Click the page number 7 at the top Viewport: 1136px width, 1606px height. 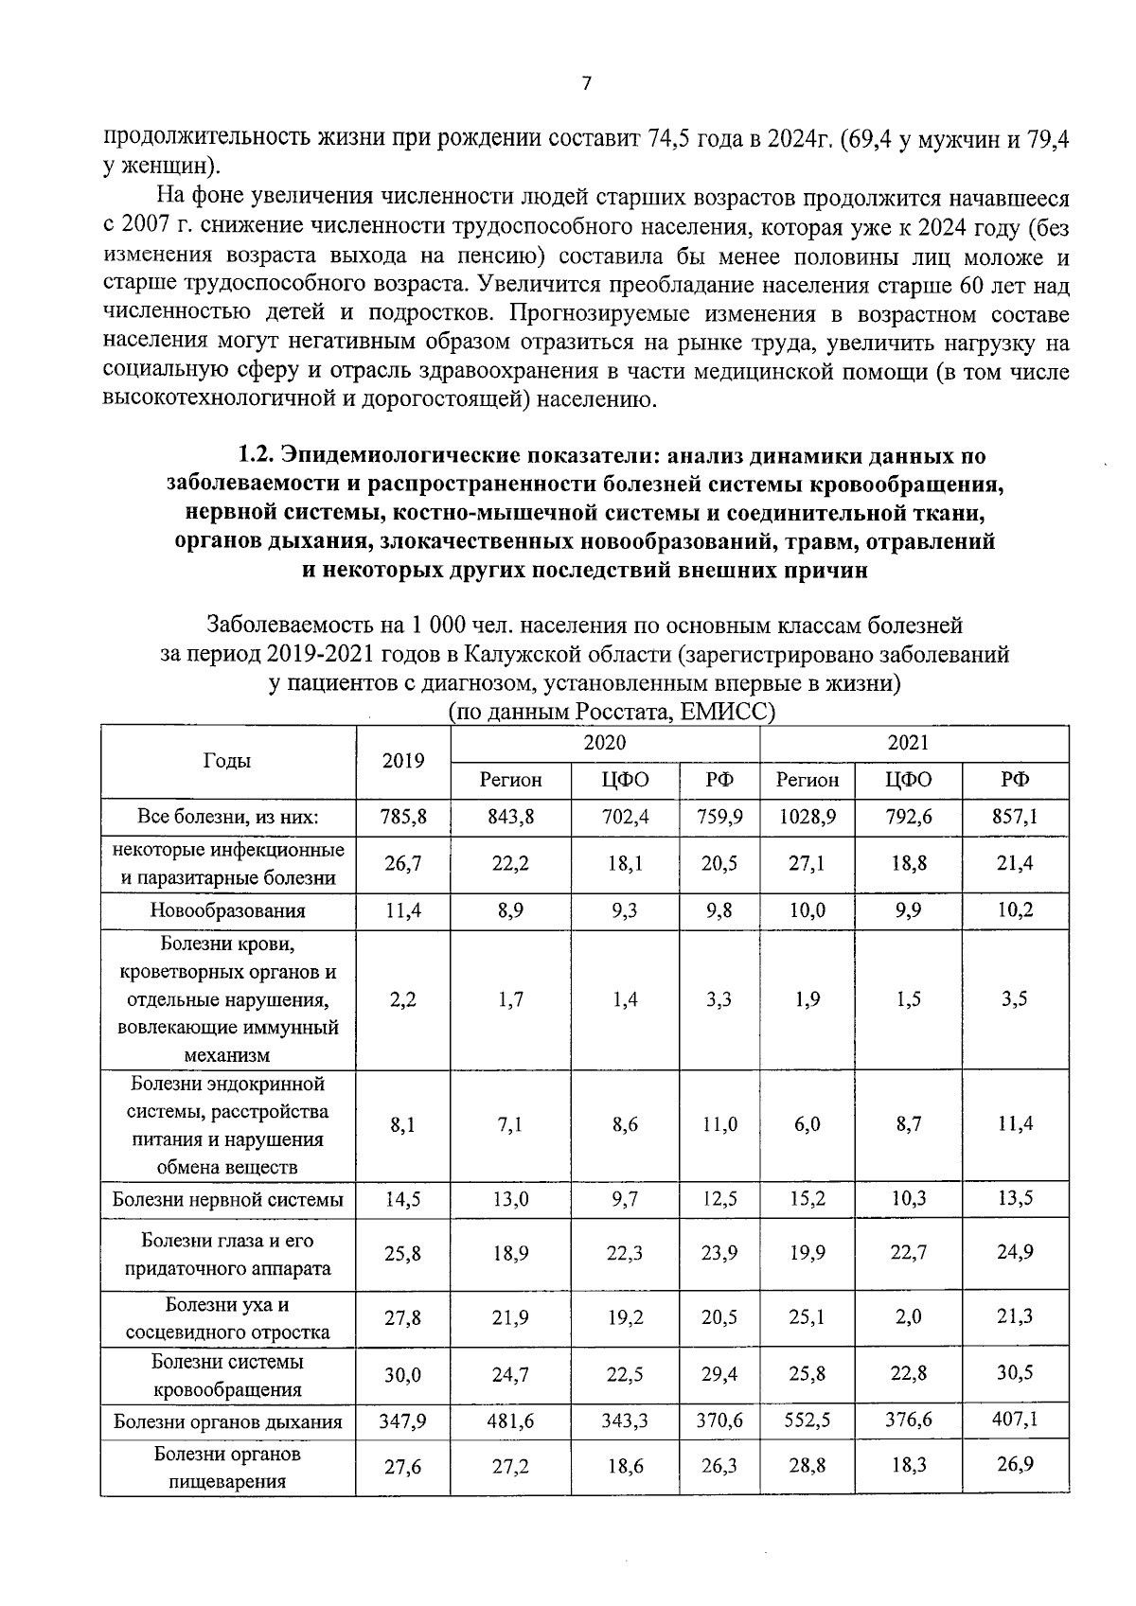point(586,84)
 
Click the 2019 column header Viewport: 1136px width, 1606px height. point(402,762)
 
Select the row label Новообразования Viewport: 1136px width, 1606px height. point(228,911)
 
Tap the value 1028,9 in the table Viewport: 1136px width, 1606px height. point(807,816)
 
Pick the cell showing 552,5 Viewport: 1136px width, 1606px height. point(807,1421)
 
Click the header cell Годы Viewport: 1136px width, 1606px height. point(227,761)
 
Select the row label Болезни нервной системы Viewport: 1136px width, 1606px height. point(228,1200)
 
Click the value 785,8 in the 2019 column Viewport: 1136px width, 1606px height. point(402,816)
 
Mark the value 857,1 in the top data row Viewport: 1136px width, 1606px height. point(1015,816)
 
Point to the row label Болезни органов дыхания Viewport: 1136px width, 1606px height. point(228,1421)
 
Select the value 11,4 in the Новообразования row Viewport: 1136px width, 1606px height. point(402,911)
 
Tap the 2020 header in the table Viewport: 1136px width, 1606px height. point(604,744)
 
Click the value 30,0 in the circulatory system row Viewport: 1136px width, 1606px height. point(402,1375)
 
